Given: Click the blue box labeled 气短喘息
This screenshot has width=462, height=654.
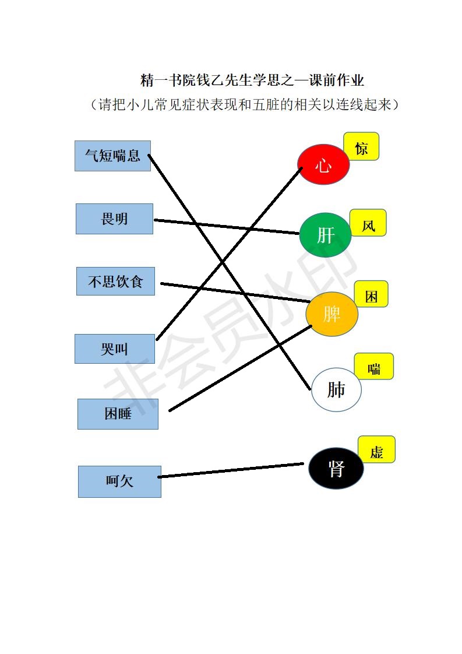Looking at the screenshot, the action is tap(112, 156).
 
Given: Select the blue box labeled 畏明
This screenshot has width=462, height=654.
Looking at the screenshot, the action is tap(114, 219).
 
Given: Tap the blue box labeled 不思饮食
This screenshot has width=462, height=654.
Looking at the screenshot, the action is tap(115, 282).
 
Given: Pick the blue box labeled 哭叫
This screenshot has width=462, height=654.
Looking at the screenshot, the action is tap(115, 349).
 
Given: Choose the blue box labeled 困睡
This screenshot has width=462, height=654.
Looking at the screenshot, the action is tap(118, 414).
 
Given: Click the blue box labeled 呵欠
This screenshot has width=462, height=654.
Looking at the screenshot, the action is tap(119, 481).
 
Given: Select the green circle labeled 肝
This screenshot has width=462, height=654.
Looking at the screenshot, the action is tap(325, 235).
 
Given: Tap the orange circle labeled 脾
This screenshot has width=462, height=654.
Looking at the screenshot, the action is tap(332, 314).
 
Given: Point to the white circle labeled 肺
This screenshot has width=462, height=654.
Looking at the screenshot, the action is tap(336, 389).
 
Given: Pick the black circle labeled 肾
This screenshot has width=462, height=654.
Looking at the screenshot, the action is tap(336, 469).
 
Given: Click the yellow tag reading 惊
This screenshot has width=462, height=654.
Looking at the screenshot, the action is tap(362, 146).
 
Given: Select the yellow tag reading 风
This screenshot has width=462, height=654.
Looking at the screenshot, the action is tap(368, 223).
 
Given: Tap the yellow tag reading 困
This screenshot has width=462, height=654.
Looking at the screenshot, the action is tap(371, 294).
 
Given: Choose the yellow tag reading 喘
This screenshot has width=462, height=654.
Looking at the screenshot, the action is tap(374, 367).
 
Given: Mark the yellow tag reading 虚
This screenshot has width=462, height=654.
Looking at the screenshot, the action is tap(376, 449).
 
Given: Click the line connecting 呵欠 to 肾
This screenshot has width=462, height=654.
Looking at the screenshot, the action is tap(231, 470).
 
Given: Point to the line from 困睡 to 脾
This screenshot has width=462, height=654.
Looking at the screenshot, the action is tap(240, 368).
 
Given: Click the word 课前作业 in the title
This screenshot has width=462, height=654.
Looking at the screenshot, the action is tap(337, 80).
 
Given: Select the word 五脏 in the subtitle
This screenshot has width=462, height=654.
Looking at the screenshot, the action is tap(266, 104).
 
